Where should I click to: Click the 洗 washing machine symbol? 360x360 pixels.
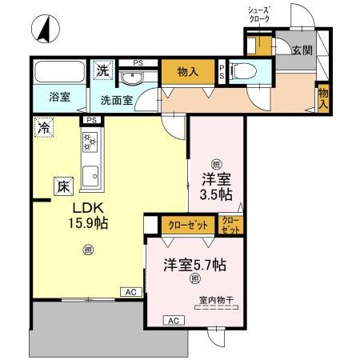point(103,70)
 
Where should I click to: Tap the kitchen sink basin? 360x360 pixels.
point(90,174)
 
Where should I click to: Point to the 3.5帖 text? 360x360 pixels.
point(215,194)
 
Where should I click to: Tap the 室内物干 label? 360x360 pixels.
point(215,302)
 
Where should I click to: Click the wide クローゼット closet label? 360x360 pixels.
point(188,226)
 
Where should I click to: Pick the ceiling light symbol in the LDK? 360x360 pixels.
point(87,250)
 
